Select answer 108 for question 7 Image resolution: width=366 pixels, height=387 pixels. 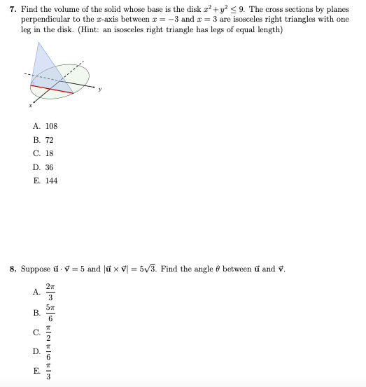51,126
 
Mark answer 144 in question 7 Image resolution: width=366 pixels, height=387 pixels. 51,181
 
